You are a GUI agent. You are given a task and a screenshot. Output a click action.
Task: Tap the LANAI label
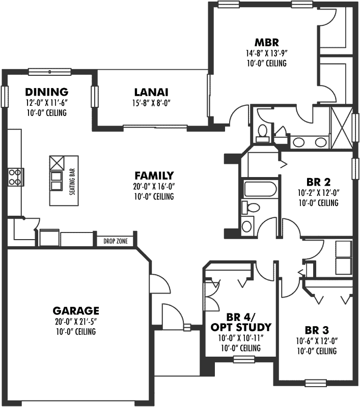[151, 93]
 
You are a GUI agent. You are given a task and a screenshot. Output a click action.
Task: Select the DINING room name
[46, 92]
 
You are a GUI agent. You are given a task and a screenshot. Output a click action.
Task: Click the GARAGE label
[76, 310]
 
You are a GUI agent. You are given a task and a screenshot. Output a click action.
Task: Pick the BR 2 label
[319, 182]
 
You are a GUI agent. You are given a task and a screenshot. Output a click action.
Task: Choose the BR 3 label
[316, 329]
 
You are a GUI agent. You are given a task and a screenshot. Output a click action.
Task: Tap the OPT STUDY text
[241, 327]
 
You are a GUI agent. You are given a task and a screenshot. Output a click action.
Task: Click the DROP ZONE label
[115, 241]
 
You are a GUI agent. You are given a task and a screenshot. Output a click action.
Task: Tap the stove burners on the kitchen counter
[15, 176]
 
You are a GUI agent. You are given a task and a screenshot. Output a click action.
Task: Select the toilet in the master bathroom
[262, 132]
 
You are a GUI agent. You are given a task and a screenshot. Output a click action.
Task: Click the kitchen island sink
[56, 176]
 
